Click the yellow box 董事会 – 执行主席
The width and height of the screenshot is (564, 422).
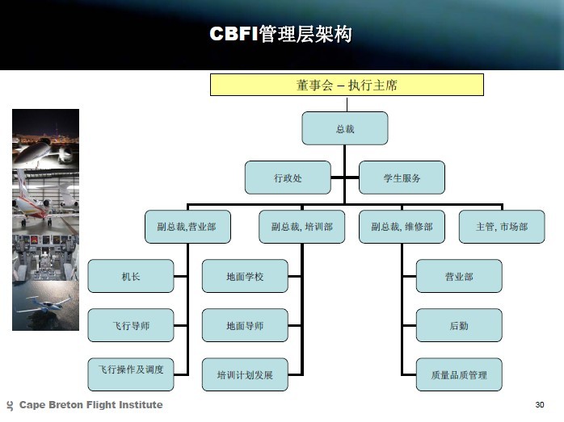347,85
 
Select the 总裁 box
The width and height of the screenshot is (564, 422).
345,128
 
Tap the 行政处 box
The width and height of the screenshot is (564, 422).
288,178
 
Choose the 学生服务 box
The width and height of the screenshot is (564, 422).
402,178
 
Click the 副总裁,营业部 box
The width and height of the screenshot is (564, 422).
187,227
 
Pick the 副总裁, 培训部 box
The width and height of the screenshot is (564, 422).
301,227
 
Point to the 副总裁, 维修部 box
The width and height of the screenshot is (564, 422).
402,227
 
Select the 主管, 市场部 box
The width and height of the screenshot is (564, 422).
502,227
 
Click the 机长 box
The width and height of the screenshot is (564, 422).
131,276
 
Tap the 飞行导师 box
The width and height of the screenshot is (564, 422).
131,325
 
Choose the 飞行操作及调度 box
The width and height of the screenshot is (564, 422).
131,374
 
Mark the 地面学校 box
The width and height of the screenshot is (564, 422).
245,276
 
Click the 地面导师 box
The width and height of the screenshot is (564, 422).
245,325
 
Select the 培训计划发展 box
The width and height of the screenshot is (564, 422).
245,374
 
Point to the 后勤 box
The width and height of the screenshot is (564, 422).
459,325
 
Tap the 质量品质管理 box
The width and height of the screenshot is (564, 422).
459,374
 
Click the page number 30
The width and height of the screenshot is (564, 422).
540,405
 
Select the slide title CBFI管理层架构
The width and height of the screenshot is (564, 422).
280,34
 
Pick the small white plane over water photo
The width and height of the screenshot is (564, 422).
46,306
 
